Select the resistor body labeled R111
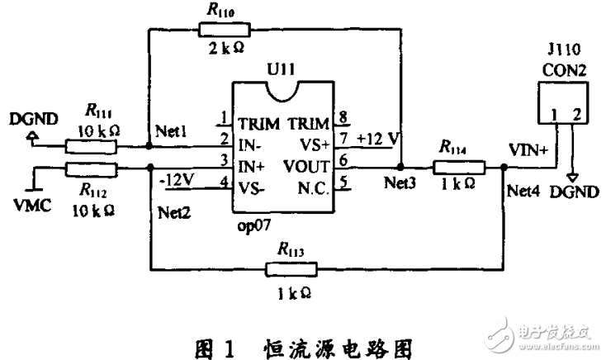pyautogui.click(x=90, y=146)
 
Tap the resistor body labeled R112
pyautogui.click(x=90, y=170)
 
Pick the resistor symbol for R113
pyautogui.click(x=291, y=268)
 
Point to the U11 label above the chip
pyautogui.click(x=283, y=69)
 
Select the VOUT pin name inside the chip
pyautogui.click(x=307, y=164)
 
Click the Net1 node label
pyautogui.click(x=172, y=131)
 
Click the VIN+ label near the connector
pyautogui.click(x=528, y=152)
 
